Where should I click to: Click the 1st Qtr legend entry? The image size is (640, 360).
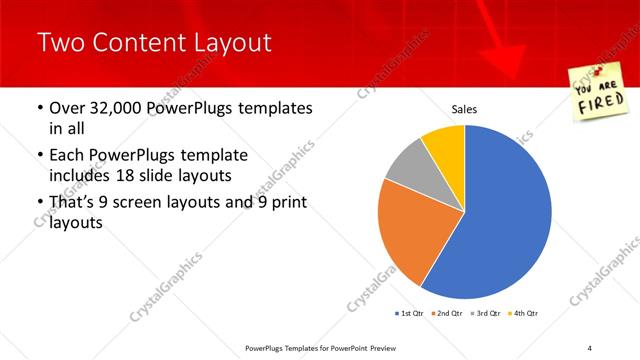pos(411,314)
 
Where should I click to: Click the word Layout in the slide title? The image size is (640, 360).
pos(227,43)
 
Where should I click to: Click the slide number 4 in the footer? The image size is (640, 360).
pos(590,347)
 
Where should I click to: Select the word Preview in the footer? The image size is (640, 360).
pos(393,347)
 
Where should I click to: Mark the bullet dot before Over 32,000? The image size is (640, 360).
pos(38,108)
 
